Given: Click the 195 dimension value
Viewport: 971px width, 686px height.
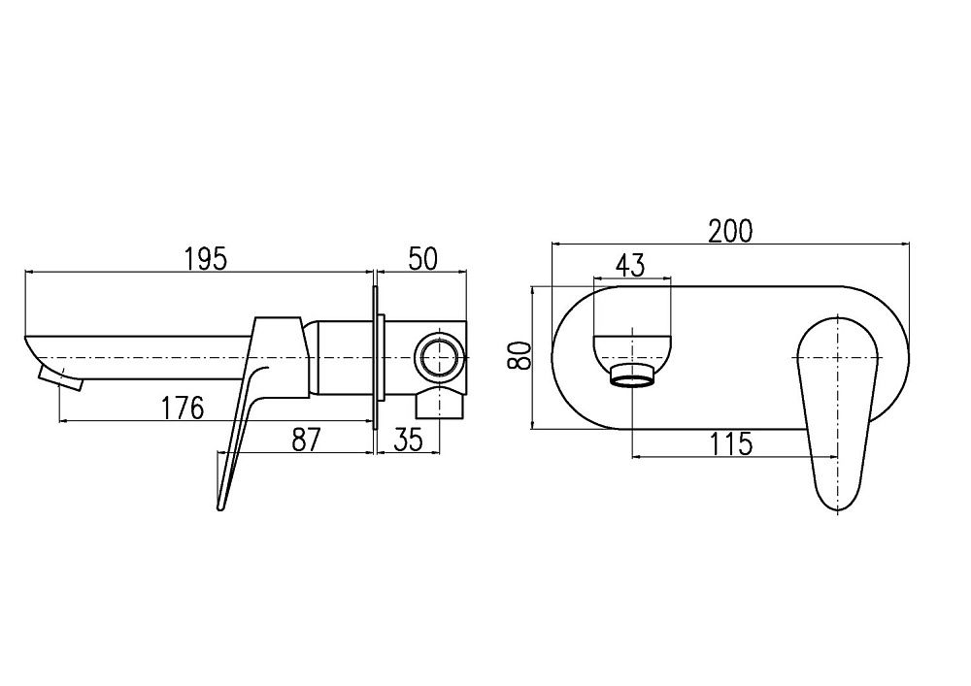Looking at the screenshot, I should point(205,259).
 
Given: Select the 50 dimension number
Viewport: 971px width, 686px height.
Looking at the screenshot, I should point(423,259).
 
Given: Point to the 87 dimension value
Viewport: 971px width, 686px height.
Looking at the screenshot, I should point(306,440).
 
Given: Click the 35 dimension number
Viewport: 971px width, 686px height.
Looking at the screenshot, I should point(409,440).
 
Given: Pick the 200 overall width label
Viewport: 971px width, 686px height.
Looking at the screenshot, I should point(730,231).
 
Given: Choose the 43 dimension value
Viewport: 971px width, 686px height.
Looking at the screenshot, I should point(630,264).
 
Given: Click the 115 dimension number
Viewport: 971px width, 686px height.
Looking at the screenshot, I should point(730,443).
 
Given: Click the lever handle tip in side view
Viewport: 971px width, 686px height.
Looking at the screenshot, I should point(222,500).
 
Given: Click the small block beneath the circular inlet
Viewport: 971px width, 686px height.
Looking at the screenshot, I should point(436,404).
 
